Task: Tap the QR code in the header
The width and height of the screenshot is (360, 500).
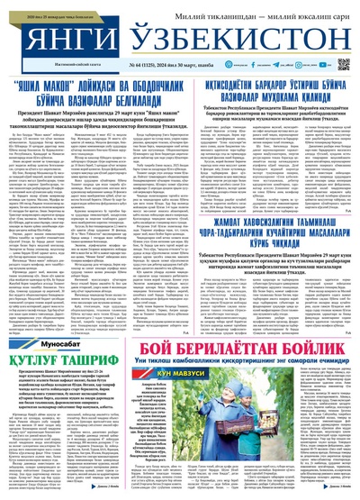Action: tap(343, 65)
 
